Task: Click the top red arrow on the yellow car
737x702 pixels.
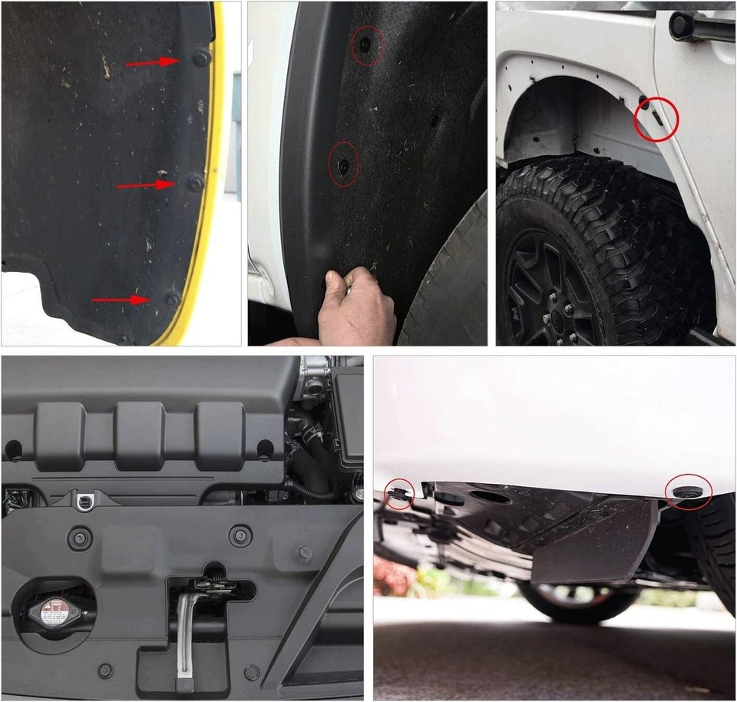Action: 151,62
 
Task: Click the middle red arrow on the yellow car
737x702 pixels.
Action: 145,184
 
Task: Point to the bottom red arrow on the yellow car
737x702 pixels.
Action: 121,300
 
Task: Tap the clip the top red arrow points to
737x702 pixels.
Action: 200,58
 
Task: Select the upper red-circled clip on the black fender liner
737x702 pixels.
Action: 366,45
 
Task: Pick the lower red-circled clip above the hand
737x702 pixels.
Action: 343,164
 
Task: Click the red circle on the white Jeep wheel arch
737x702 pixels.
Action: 656,118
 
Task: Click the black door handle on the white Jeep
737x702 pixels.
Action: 699,28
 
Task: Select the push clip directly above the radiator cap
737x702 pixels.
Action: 79,538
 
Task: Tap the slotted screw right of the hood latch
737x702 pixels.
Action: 304,553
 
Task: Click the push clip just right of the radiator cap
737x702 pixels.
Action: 105,671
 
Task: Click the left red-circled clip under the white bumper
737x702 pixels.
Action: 398,493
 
